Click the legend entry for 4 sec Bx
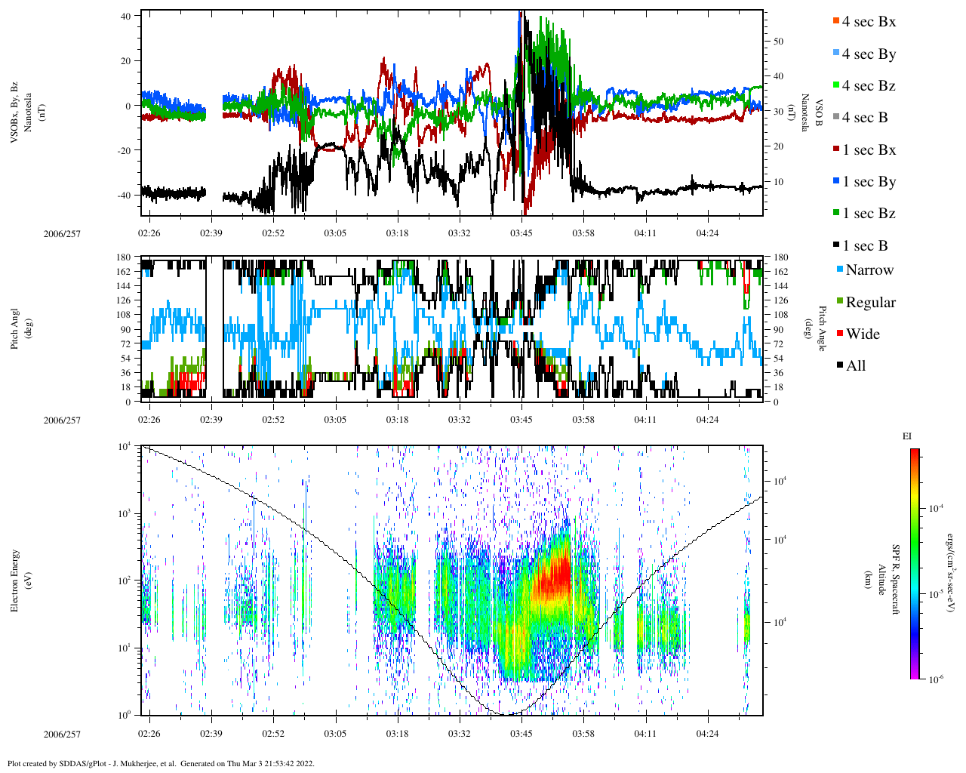[x=869, y=22]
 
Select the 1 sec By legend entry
[x=869, y=182]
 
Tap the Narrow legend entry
[x=869, y=270]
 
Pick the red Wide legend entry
[x=862, y=334]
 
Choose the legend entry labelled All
[x=855, y=366]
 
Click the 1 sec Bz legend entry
[x=869, y=214]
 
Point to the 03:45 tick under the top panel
[x=521, y=233]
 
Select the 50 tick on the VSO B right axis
[x=778, y=42]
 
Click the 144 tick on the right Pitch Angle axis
[x=780, y=286]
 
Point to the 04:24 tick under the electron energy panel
[x=707, y=734]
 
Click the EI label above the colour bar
[x=907, y=436]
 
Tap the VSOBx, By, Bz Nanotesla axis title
[x=20, y=113]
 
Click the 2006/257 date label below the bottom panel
[x=62, y=735]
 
